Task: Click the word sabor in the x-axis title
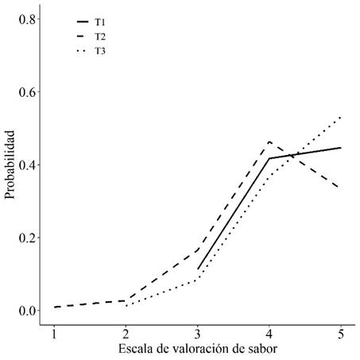tap(261, 348)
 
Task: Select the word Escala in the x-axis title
tap(135, 348)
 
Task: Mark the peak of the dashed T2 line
tap(269, 141)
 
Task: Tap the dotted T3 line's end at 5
tap(342, 116)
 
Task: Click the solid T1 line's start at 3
tap(198, 269)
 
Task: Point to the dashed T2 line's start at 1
tap(54, 307)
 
